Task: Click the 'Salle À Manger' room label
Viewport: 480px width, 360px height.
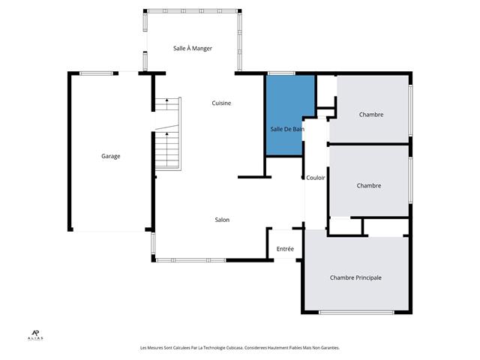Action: [193, 48]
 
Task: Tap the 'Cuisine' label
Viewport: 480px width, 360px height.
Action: [221, 103]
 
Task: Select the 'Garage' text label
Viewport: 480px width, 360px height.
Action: [111, 156]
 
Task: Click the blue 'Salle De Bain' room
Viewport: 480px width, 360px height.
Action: [283, 120]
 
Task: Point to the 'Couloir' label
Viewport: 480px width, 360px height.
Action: [316, 178]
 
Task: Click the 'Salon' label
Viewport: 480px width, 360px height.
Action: [222, 220]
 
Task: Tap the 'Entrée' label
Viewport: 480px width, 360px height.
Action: [285, 249]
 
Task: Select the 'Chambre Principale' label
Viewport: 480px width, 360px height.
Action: [355, 277]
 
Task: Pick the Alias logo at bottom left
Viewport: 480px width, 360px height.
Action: [34, 335]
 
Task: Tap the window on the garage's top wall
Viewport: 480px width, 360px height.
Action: [97, 73]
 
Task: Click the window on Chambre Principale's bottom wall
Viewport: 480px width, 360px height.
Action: [357, 312]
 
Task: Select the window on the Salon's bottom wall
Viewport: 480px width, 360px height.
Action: [190, 260]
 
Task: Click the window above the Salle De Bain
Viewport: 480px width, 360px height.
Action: [280, 73]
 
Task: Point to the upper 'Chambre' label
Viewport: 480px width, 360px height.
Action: [371, 115]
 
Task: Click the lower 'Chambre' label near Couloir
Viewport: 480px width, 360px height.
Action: [369, 186]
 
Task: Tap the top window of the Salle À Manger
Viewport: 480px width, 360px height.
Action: [193, 10]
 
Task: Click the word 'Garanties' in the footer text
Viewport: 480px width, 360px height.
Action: [327, 348]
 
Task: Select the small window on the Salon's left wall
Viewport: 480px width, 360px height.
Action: [153, 242]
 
